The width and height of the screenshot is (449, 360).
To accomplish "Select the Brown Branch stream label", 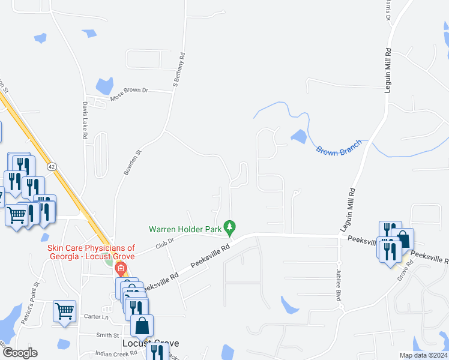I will click(x=339, y=148).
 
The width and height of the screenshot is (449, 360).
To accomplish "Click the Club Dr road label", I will click(x=164, y=242).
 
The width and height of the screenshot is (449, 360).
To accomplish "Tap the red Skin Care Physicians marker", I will click(x=121, y=268).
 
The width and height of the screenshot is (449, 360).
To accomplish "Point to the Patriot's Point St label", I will click(x=29, y=303).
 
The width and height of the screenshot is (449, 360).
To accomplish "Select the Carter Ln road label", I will click(x=96, y=317).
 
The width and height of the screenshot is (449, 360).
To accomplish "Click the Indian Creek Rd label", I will click(x=116, y=353).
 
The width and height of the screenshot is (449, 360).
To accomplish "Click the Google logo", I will click(x=20, y=353).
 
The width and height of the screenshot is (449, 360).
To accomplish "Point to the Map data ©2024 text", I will click(x=423, y=355).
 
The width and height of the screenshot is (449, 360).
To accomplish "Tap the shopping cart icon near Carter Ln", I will click(x=64, y=311).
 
